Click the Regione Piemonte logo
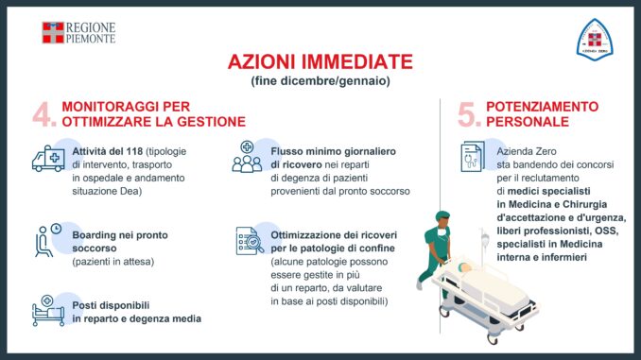78,33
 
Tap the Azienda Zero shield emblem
595,40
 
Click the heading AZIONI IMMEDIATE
320,62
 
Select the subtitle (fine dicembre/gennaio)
320,81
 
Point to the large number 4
44,114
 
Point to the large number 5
469,114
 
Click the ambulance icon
48,159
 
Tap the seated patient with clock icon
48,240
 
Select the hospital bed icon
48,311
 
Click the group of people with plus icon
247,157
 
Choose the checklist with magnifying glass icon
250,241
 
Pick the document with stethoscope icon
473,157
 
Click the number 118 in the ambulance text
134,151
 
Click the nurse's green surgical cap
442,215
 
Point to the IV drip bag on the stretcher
485,239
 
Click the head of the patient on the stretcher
463,267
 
